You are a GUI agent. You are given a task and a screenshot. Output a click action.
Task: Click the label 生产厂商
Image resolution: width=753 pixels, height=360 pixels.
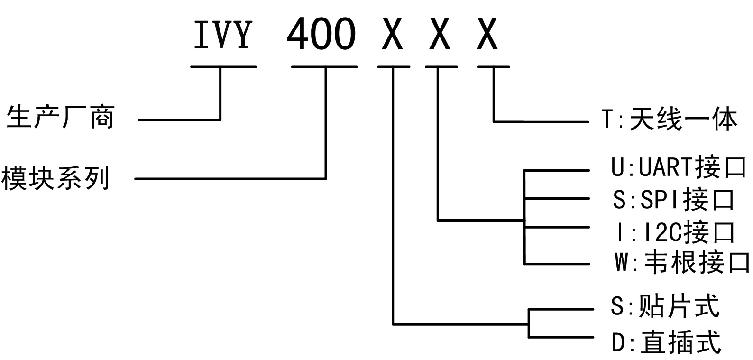tap(60, 117)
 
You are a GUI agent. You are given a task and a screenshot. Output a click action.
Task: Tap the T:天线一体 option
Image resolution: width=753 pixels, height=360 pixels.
tap(670, 119)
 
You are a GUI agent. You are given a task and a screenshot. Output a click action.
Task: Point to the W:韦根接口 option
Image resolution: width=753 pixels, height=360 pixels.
tap(682, 262)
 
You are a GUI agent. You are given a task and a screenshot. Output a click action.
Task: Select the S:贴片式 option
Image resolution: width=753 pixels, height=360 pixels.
tap(665, 306)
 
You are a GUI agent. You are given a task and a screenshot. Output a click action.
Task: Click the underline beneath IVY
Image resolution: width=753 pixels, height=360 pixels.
tap(223, 67)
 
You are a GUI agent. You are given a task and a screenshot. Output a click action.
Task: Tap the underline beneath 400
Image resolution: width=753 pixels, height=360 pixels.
tap(324, 67)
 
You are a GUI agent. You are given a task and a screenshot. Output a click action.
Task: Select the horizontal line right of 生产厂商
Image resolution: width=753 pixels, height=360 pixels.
tap(179, 120)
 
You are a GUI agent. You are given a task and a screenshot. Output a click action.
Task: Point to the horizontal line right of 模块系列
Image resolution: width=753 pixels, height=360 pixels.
tap(230, 179)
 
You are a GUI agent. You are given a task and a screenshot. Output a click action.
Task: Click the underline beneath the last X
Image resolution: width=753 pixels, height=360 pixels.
tap(493, 67)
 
